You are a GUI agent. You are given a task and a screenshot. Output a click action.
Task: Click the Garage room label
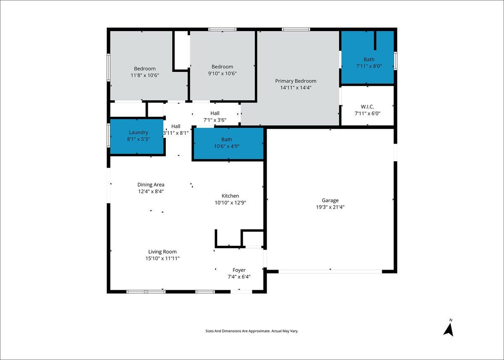[330, 200]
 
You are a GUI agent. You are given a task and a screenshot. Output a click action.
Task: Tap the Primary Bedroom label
[296, 81]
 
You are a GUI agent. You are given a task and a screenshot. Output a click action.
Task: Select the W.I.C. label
[367, 107]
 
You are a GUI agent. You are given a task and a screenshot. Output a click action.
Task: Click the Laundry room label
[138, 132]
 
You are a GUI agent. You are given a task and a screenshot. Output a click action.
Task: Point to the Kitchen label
[230, 196]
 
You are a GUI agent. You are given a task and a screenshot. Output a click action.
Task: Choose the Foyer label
[239, 270]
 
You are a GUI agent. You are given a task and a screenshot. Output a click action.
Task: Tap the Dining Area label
[151, 185]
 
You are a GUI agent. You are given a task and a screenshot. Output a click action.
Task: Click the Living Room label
[162, 252]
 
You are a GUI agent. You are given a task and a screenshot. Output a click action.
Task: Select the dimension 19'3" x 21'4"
[330, 207]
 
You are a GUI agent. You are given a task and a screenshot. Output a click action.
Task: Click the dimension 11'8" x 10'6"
[144, 75]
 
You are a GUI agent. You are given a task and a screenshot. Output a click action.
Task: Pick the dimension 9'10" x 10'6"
[222, 74]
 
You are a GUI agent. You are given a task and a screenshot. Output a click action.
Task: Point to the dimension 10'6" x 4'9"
[226, 146]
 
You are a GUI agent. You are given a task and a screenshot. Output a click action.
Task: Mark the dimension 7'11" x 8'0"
[369, 66]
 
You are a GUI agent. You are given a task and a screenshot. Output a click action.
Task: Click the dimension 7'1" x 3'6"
[215, 120]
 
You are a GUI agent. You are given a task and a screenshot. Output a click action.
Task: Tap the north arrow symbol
[449, 330]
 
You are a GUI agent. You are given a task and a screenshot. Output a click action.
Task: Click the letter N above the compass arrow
[451, 320]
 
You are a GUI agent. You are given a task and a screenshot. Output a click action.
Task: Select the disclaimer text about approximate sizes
[252, 331]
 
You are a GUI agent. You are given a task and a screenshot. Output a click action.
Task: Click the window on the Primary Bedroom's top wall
[296, 29]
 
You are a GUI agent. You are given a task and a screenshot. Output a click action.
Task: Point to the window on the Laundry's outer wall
[108, 136]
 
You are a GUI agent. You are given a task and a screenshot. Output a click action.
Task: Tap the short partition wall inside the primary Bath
[375, 40]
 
